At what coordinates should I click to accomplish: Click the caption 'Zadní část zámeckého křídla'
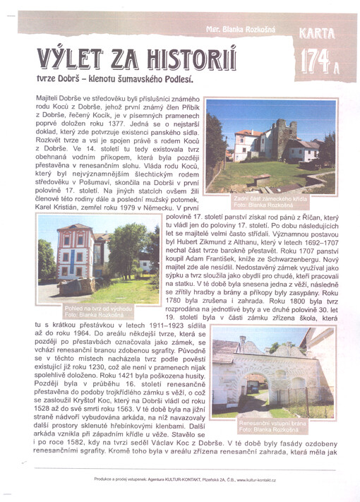pyautogui.click(x=279, y=199)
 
